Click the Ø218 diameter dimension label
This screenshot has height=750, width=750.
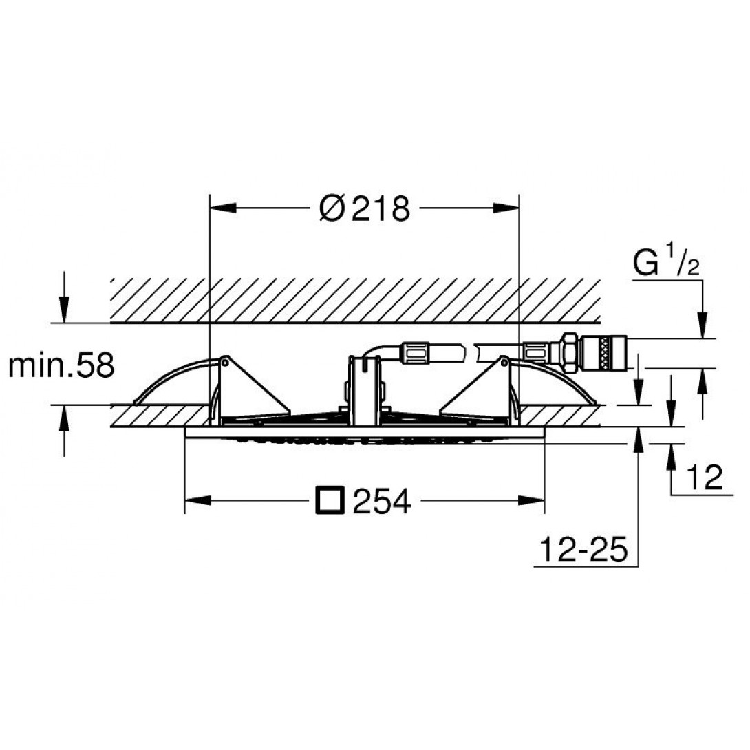coord(365,208)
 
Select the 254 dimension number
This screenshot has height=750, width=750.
coord(382,501)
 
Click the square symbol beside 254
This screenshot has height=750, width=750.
coord(330,501)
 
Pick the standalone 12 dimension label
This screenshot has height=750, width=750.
coord(704,477)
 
